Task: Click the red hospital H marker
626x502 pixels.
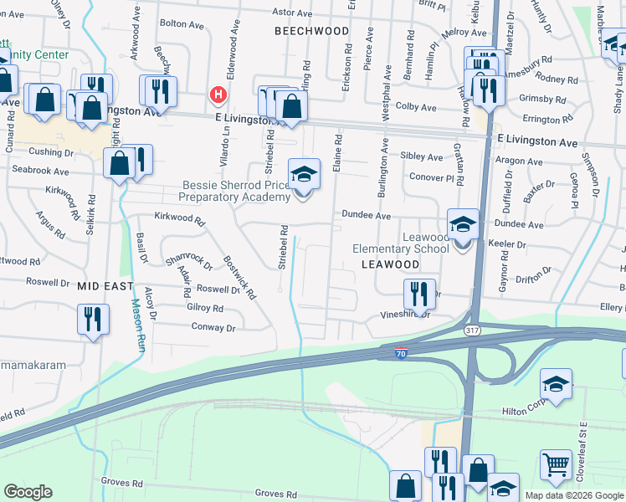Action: coord(218,95)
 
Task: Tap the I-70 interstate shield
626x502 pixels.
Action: coord(402,353)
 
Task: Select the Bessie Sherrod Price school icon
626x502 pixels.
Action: coord(304,175)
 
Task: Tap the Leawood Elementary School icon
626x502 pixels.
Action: coord(463,225)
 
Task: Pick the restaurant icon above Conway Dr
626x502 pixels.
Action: coord(93,318)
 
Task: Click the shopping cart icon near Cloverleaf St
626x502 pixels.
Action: coord(556,465)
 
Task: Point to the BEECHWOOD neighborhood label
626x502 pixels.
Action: coord(312,31)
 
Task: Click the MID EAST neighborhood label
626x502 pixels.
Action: coord(105,286)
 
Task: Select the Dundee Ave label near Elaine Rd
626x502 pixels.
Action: coord(366,216)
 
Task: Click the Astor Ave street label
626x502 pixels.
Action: coord(293,13)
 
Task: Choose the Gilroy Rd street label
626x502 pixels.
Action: coord(205,308)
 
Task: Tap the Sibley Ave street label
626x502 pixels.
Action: coord(422,156)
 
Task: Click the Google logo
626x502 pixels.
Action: coord(28,492)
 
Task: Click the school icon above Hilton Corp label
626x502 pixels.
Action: coord(556,384)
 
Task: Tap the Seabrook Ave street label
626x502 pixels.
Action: coord(42,171)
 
